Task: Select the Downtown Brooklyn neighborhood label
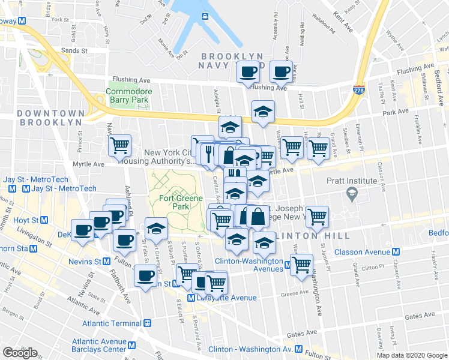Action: tap(50, 118)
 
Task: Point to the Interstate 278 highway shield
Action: tap(360, 90)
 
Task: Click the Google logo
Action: tap(19, 353)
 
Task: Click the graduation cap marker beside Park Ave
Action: tap(263, 112)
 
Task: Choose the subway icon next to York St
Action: tap(22, 20)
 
